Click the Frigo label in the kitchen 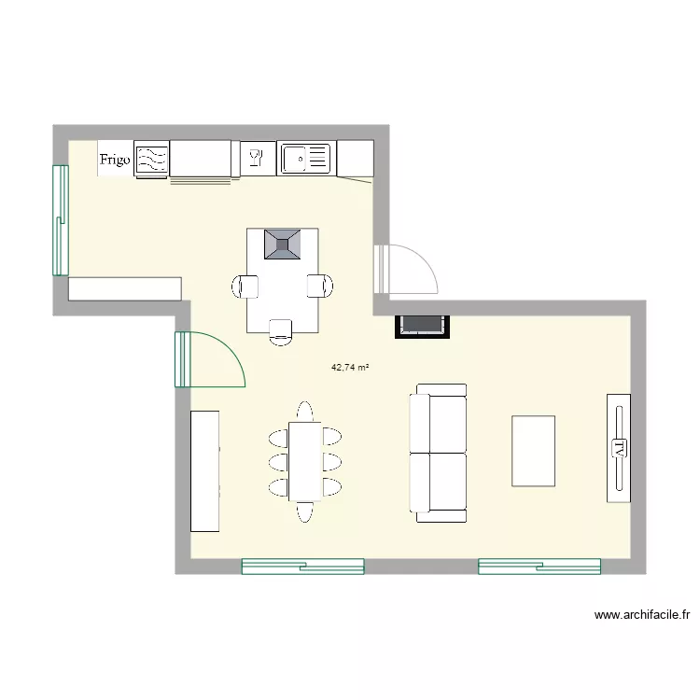115,160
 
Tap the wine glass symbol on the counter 257,158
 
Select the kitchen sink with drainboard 306,158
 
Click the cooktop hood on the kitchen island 282,245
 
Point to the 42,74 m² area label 350,368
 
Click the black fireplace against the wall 422,327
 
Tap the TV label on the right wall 619,448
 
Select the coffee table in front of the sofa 534,451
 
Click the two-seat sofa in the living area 438,453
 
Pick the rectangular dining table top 305,462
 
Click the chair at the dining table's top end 305,412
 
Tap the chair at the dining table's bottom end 305,512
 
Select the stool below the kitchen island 281,332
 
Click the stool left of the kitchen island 245,287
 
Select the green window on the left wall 61,220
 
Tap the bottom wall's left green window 303,567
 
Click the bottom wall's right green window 539,567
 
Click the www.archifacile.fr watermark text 642,615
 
